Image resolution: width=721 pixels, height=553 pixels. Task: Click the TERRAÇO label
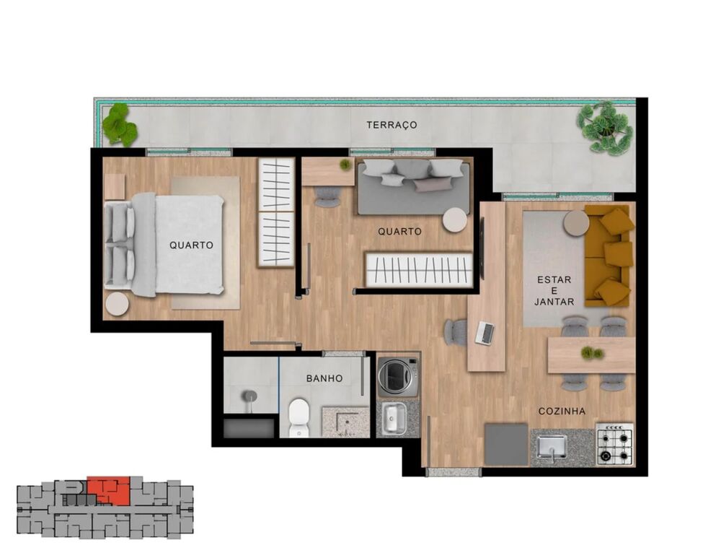(392, 125)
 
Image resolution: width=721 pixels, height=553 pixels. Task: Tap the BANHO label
(324, 378)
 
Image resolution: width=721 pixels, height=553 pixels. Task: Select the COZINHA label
(562, 412)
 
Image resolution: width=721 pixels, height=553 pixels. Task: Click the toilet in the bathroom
(298, 417)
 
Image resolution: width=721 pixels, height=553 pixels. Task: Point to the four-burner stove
(614, 444)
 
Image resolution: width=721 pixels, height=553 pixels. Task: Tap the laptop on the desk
(485, 333)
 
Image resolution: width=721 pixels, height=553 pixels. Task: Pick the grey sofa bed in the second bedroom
(413, 187)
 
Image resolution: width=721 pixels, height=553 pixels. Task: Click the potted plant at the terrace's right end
(606, 127)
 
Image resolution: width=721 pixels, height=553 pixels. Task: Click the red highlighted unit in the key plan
(109, 490)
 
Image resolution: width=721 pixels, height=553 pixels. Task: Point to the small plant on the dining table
(591, 353)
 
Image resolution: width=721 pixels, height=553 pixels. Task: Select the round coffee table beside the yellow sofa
(576, 223)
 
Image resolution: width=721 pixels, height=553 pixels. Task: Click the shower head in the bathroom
(249, 396)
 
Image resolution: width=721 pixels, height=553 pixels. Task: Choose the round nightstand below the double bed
(117, 304)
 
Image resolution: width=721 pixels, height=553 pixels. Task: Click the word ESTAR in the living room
(554, 279)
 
